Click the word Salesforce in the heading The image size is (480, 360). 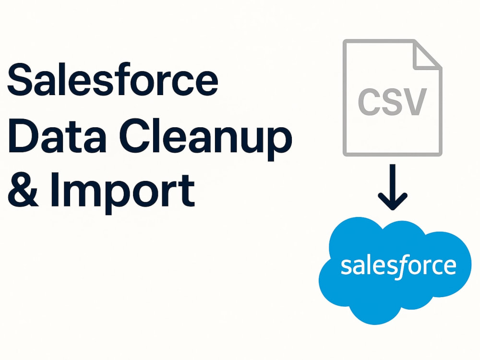[113, 79]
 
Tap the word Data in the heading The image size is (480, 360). [57, 135]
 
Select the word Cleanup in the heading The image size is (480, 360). [205, 139]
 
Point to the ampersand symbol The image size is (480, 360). [23, 189]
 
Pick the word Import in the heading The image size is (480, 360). [123, 193]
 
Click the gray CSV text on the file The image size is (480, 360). [392, 102]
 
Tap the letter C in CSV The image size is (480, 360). [369, 102]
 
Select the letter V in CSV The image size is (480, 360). [415, 102]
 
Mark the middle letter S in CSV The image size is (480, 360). [392, 102]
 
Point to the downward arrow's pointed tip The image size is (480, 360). [393, 209]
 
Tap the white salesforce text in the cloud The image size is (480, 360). [398, 266]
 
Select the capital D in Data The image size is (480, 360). [24, 135]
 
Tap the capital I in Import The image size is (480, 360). [55, 190]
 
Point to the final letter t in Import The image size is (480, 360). [187, 192]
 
